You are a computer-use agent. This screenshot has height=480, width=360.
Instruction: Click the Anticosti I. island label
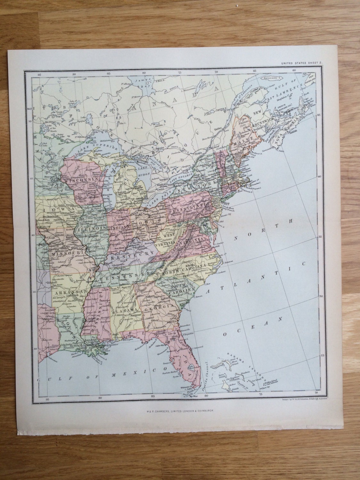click(271, 78)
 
